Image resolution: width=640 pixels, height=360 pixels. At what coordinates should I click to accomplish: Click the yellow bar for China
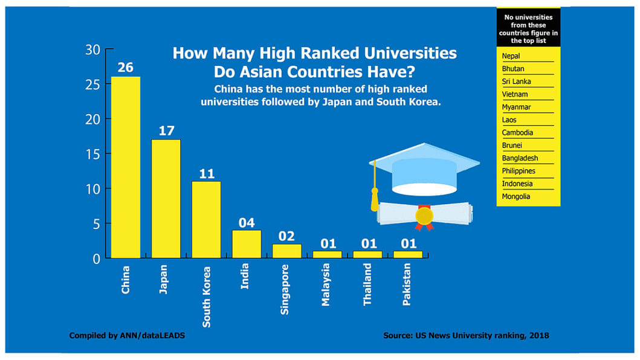(x=126, y=167)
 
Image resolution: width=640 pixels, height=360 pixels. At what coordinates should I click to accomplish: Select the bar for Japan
(x=166, y=199)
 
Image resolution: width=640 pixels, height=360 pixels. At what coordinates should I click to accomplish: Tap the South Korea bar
(x=206, y=219)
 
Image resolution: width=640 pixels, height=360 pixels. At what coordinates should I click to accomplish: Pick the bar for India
(x=247, y=244)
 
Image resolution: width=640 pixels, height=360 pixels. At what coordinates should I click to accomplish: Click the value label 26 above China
(x=126, y=67)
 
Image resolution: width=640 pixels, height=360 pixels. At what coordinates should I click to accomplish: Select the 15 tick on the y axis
(x=92, y=153)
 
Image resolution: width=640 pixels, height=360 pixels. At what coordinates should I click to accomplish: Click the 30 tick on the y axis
(x=92, y=50)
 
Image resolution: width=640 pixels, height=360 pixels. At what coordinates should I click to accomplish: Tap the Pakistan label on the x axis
(x=407, y=283)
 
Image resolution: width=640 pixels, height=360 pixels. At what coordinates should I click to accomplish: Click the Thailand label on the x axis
(x=367, y=284)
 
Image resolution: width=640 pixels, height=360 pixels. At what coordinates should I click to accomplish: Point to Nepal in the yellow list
(x=511, y=56)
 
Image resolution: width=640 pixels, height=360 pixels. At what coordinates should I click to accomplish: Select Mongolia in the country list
(x=516, y=196)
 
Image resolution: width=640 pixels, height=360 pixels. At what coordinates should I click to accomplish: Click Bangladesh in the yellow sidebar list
(x=519, y=158)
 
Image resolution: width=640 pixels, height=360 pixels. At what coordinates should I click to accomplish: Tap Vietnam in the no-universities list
(x=514, y=94)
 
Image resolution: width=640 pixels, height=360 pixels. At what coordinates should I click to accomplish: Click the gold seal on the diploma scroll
(x=425, y=215)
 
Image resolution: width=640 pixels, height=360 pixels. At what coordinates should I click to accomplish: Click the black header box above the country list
(x=528, y=27)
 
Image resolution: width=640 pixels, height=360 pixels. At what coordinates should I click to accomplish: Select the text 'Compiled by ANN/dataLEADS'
(x=127, y=335)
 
